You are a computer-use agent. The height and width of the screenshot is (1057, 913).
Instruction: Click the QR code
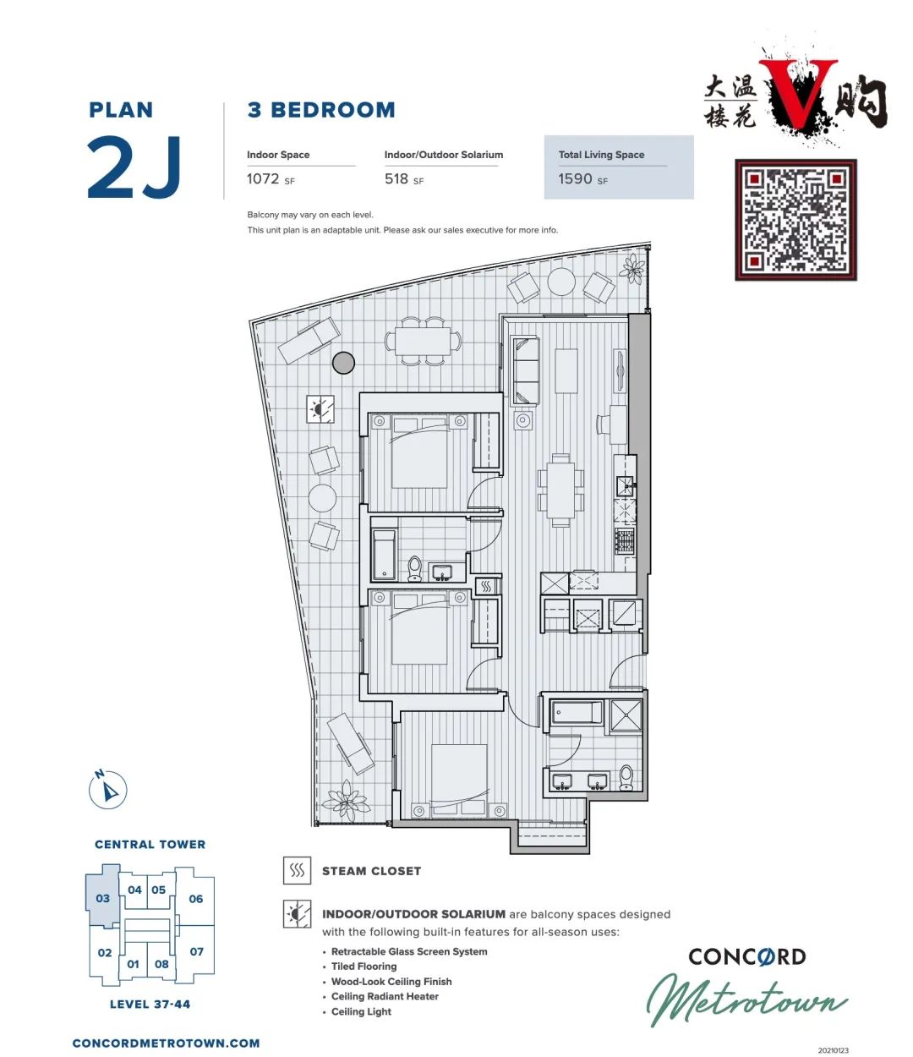[x=795, y=220]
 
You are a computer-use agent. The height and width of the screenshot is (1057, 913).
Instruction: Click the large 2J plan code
[x=134, y=167]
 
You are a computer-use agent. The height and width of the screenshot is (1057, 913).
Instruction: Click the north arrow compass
[x=108, y=789]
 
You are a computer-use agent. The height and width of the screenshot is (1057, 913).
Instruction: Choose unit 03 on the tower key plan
[x=103, y=898]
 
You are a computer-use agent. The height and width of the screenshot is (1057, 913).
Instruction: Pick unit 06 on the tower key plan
[x=196, y=899]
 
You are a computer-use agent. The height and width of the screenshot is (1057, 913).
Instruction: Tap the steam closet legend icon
[x=297, y=870]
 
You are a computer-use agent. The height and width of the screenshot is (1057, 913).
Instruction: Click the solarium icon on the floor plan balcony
[x=320, y=409]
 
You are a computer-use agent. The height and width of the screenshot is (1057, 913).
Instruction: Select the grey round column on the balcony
[x=343, y=363]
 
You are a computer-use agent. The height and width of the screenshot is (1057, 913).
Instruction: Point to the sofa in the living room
[x=526, y=370]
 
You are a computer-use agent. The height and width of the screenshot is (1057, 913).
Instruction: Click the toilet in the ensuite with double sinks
[x=626, y=777]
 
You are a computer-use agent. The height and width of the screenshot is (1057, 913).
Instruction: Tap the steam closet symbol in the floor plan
[x=485, y=586]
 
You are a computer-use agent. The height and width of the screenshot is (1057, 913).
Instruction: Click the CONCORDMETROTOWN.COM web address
[x=167, y=1043]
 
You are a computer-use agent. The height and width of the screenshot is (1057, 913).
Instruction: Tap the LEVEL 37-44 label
[x=150, y=1005]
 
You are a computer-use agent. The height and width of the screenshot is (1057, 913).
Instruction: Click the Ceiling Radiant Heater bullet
[x=385, y=996]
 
